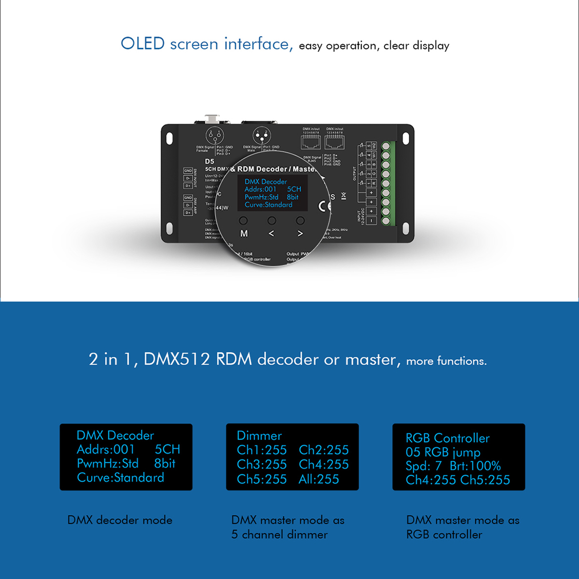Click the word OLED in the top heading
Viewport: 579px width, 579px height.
143,44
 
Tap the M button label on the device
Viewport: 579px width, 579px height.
244,234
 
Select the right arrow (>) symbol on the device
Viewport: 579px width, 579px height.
300,234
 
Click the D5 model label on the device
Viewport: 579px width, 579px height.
209,161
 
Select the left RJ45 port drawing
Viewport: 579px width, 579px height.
311,141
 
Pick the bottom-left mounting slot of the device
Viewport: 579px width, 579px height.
170,228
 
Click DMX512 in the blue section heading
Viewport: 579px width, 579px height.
177,359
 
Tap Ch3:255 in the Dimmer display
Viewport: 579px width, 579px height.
262,464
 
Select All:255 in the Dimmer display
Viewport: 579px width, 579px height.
318,479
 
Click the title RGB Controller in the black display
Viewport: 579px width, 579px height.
447,438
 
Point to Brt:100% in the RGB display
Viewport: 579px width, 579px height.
475,466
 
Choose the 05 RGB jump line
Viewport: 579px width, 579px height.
443,452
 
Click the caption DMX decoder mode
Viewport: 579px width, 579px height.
120,520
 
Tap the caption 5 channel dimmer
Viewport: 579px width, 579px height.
279,535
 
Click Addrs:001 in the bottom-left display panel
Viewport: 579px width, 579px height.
106,449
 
